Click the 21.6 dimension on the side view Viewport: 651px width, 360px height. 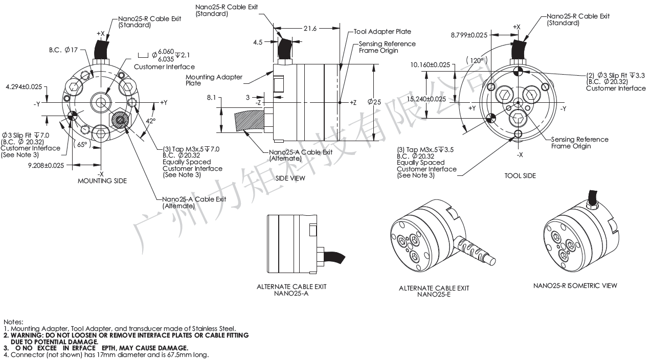[x=310, y=29]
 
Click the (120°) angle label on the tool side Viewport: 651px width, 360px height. [x=476, y=60]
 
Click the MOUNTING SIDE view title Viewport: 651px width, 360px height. [x=102, y=181]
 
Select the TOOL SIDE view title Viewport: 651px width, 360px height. [x=520, y=176]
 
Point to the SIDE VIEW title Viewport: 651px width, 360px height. [x=290, y=178]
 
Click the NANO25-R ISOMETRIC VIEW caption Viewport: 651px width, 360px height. [x=575, y=285]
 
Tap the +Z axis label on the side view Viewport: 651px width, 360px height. [x=353, y=103]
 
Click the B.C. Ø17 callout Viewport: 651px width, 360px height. [x=63, y=50]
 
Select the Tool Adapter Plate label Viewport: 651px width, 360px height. [x=382, y=32]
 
